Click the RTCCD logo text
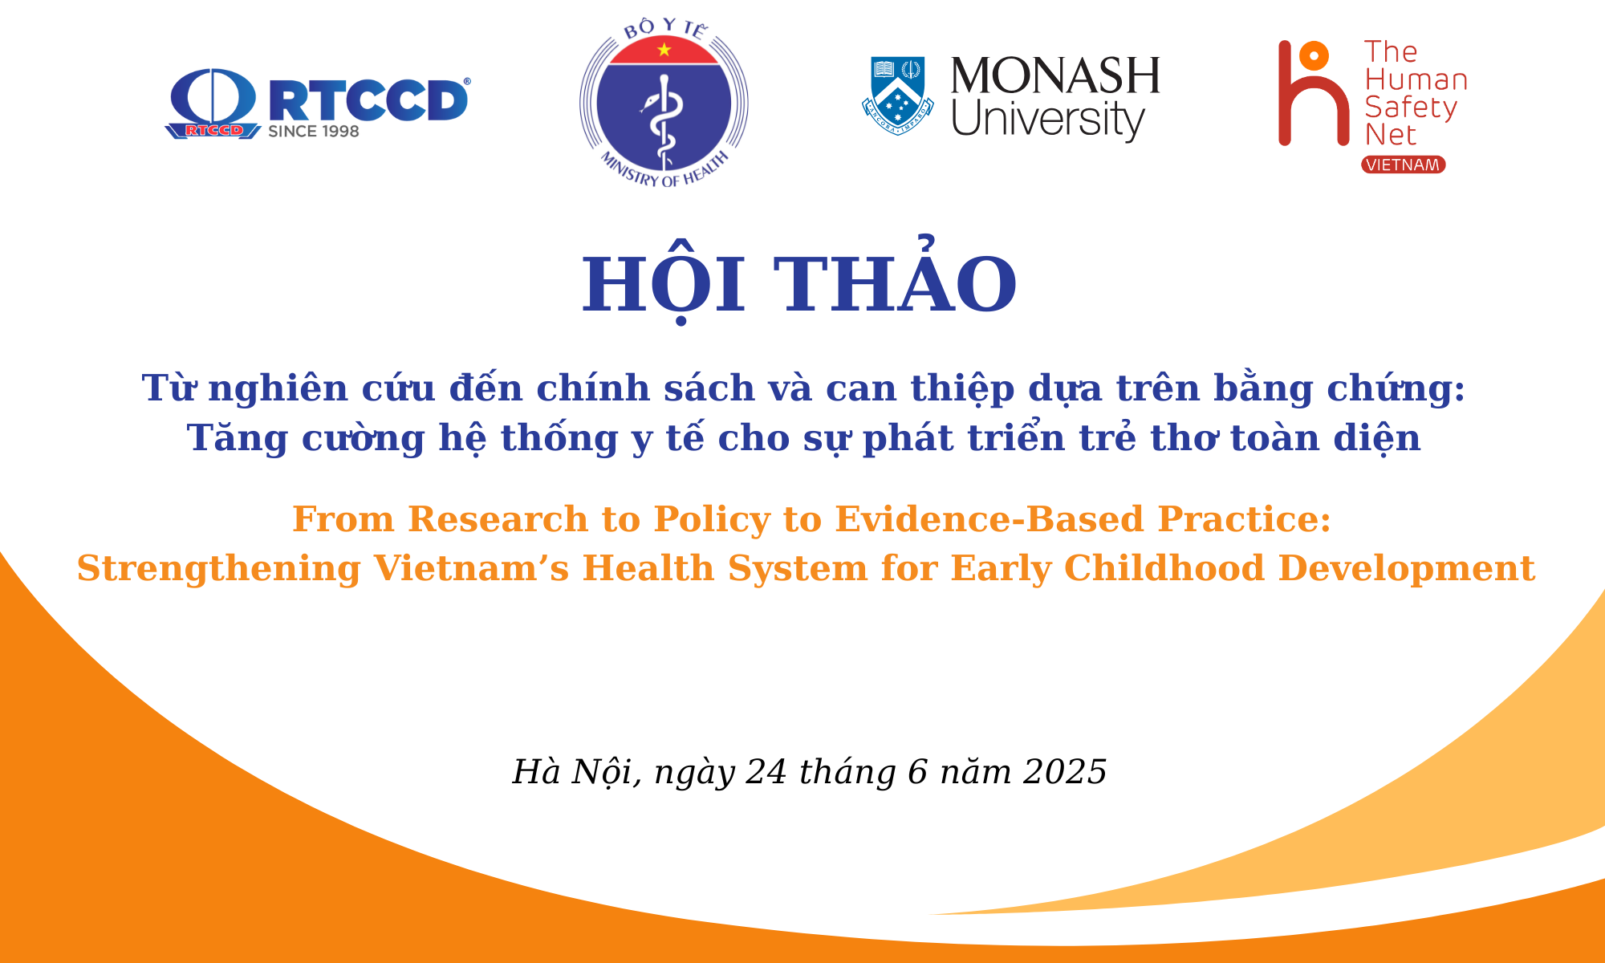[x=368, y=100]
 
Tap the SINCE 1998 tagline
[x=314, y=132]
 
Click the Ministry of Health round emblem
[x=664, y=103]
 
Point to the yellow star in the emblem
[x=664, y=50]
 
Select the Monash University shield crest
[x=897, y=95]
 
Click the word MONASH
[x=1055, y=75]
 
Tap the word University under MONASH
[x=1048, y=119]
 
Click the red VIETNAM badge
[x=1403, y=165]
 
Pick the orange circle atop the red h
[x=1314, y=55]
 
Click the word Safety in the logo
[x=1410, y=108]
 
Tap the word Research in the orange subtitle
[x=498, y=519]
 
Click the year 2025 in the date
[x=1065, y=772]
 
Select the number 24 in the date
[x=766, y=772]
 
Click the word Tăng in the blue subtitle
[x=237, y=438]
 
